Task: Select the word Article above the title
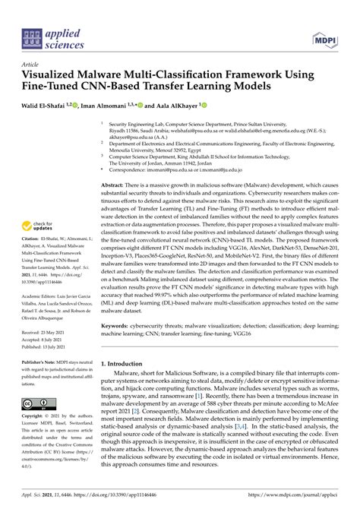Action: coord(32,65)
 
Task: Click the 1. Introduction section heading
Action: coord(131,364)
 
